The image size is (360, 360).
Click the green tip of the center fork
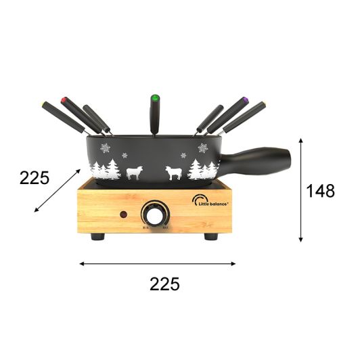(x=154, y=96)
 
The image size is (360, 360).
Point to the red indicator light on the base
(x=123, y=215)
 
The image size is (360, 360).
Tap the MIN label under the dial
(x=145, y=228)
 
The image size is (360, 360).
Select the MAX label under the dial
(x=165, y=228)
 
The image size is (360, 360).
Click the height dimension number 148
(x=320, y=192)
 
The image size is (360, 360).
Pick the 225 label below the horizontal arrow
(x=165, y=284)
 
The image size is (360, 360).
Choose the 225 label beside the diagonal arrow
(x=35, y=178)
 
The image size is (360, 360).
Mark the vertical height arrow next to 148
(x=300, y=189)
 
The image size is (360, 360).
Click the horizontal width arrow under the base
(x=158, y=263)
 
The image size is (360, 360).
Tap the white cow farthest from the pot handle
(x=134, y=172)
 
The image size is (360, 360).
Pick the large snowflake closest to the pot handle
(x=202, y=148)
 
